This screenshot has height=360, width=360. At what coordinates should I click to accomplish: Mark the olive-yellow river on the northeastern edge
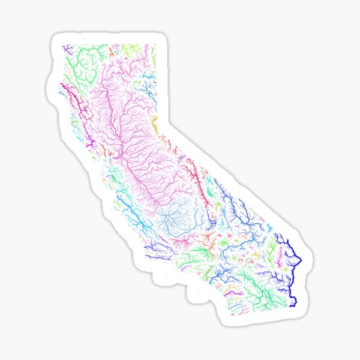click(154, 126)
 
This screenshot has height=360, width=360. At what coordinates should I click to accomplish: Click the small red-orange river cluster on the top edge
click(148, 48)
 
